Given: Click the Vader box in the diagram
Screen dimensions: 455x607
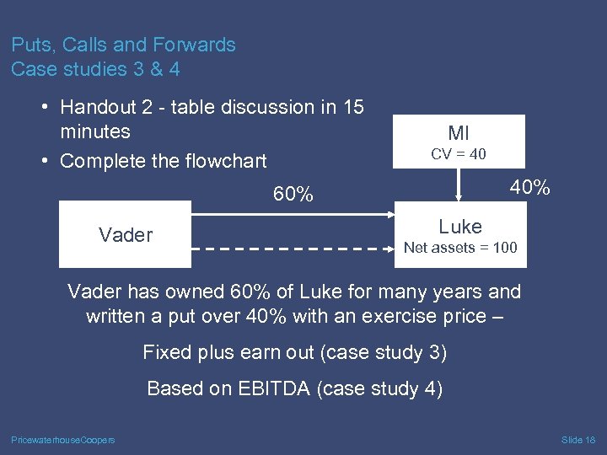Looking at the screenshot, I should point(126,234).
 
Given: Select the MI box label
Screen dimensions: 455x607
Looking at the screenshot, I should point(459,132).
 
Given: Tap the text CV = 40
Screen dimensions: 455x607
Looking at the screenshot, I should point(459,154).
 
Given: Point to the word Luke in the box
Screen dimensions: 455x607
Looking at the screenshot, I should point(460,226).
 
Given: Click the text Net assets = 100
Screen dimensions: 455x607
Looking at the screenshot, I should point(460,248).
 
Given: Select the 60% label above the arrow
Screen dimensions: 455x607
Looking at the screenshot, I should point(293,195).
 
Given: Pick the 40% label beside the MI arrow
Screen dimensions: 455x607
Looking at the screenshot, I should point(530,188).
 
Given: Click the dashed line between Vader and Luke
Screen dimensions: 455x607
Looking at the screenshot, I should point(295,249).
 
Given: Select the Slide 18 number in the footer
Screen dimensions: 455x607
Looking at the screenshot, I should point(578,440).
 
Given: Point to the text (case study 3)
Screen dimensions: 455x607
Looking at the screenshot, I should point(386,352).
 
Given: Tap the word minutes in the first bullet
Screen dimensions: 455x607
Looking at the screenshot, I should point(95,131).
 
